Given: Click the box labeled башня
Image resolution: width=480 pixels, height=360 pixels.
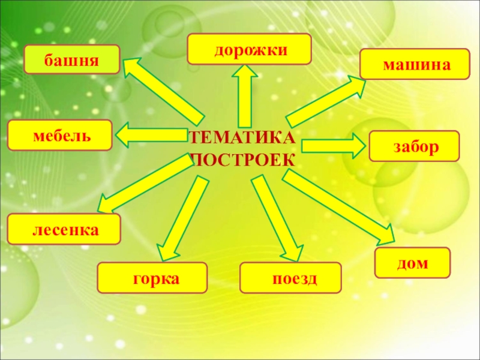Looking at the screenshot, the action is coord(71,59).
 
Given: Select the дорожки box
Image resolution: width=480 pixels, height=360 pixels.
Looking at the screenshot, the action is coord(249,49).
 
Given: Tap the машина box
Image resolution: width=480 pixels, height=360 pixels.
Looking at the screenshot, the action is coord(415,64).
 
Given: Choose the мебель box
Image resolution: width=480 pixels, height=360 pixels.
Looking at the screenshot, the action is coord(59,134).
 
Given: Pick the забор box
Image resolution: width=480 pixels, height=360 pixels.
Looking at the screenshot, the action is coord(414,146).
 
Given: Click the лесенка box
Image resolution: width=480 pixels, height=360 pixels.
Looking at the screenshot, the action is coord(64,229).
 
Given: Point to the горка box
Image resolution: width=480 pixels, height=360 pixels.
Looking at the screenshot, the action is coord(152,278).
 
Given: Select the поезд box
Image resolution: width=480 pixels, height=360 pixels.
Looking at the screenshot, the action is coord(290,278).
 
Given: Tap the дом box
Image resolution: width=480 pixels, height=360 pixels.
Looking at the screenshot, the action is coord(412,263).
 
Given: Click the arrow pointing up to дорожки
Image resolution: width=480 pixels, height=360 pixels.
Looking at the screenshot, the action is coord(245,96).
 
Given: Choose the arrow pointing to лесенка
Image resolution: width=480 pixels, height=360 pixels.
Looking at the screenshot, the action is coord(144,184).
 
